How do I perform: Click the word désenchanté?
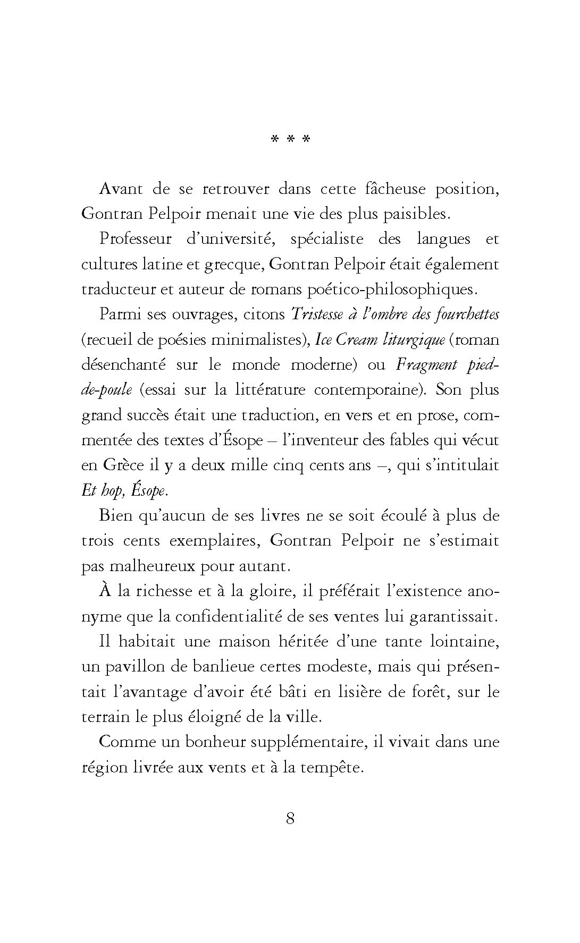(122, 364)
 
